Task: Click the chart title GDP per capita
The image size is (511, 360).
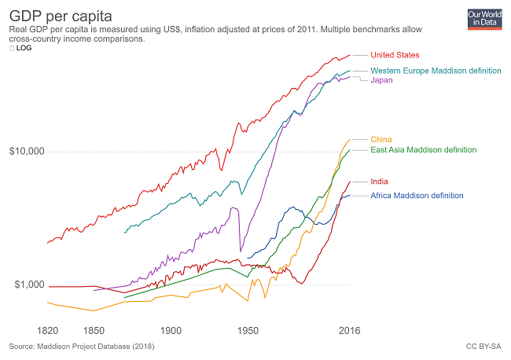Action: pos(54,15)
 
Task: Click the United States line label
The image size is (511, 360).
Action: pos(395,55)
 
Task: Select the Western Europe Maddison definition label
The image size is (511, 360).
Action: pos(436,71)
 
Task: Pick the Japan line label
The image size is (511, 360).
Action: pos(381,80)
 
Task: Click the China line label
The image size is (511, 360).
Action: pos(380,139)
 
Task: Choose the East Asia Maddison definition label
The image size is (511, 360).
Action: pos(423,149)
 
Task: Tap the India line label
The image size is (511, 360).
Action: pos(379,182)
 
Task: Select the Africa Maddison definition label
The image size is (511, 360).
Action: pos(417,196)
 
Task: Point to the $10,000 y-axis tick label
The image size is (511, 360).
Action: pos(26,152)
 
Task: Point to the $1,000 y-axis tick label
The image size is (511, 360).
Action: pos(28,285)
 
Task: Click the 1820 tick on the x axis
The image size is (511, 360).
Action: pos(48,331)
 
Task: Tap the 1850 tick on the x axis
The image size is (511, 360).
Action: pos(94,331)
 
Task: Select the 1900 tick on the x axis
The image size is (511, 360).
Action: pos(171,331)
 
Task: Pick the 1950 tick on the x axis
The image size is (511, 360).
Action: pos(248,331)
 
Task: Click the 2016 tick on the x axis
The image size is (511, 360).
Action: pos(349,331)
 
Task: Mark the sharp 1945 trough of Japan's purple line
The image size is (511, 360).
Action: pos(241,252)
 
